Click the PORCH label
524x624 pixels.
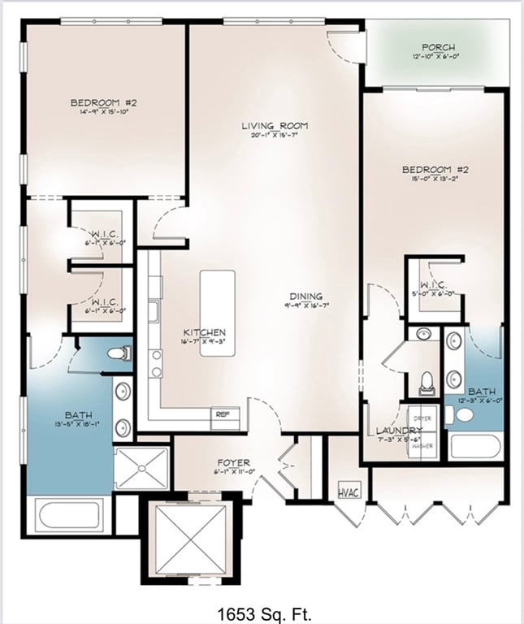[438, 48]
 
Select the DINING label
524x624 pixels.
[304, 297]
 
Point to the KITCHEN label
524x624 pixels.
[204, 333]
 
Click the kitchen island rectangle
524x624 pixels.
[218, 297]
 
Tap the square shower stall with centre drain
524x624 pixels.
[141, 469]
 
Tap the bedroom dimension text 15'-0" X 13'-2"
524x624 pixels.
[435, 179]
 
